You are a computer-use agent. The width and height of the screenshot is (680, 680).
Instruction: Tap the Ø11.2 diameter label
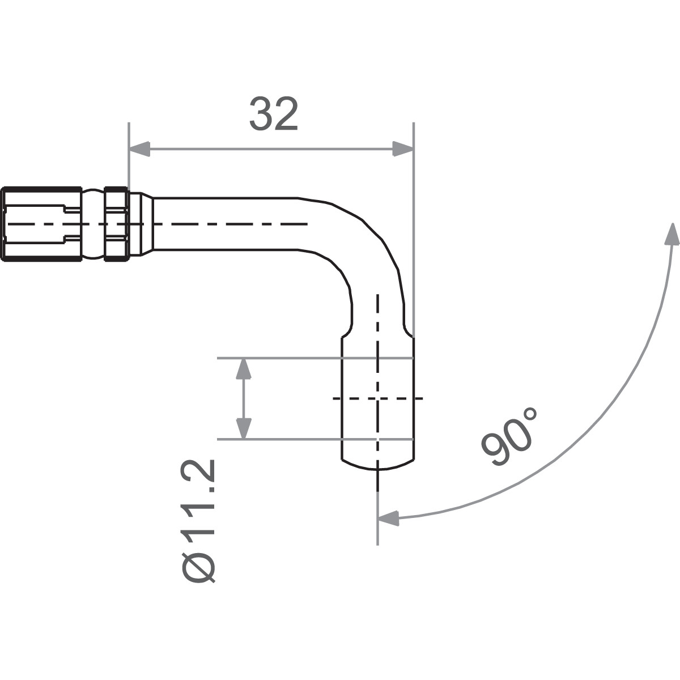pyautogui.click(x=198, y=521)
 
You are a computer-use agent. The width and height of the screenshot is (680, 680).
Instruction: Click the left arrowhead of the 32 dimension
pyautogui.click(x=139, y=150)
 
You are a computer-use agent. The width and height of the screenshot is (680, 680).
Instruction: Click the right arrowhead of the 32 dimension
pyautogui.click(x=403, y=150)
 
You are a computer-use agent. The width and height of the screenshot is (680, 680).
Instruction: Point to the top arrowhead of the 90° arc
pyautogui.click(x=672, y=234)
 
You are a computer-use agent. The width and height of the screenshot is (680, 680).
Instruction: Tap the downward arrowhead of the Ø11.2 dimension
pyautogui.click(x=244, y=428)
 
